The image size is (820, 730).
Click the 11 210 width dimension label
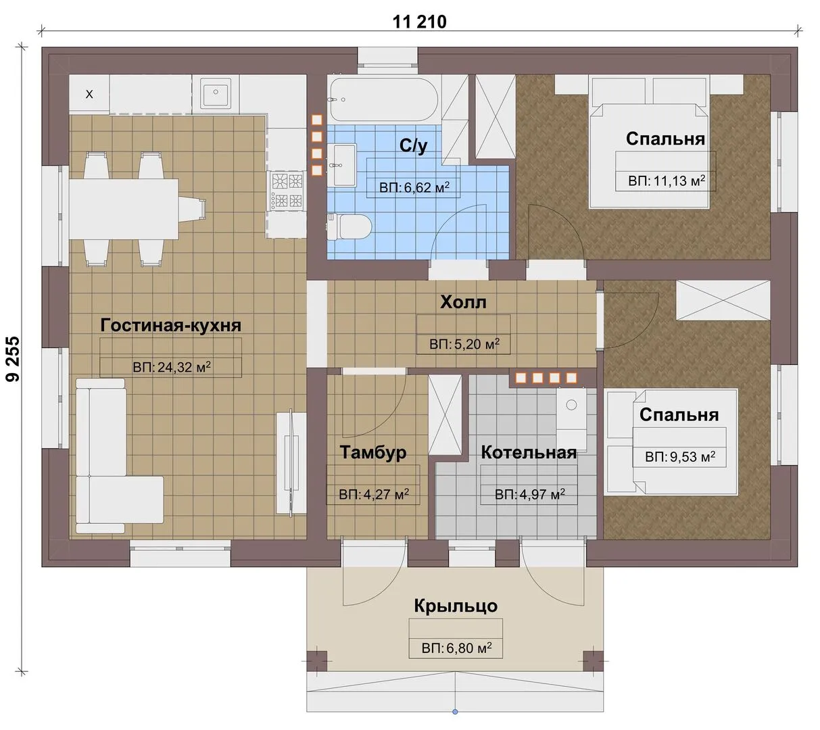pyautogui.click(x=419, y=22)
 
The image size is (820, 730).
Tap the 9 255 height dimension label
pyautogui.click(x=13, y=359)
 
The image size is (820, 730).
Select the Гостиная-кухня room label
pyautogui.click(x=171, y=325)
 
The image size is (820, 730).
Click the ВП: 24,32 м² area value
pyautogui.click(x=172, y=367)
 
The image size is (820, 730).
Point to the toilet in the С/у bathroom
pyautogui.click(x=349, y=226)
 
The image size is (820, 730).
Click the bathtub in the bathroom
pyautogui.click(x=383, y=99)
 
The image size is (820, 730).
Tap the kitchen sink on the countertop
pyautogui.click(x=216, y=93)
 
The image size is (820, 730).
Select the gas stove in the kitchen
pyautogui.click(x=287, y=191)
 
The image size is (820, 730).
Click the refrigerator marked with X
pyautogui.click(x=89, y=94)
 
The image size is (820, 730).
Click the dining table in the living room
pyautogui.click(x=124, y=210)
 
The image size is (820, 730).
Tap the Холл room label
pyautogui.click(x=463, y=302)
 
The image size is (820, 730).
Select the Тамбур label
pyautogui.click(x=372, y=452)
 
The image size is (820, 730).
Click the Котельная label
pyautogui.click(x=529, y=452)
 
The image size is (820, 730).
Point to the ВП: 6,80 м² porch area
pyautogui.click(x=456, y=648)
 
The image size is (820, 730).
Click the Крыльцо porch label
pyautogui.click(x=456, y=606)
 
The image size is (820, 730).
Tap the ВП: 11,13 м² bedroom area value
pyautogui.click(x=667, y=180)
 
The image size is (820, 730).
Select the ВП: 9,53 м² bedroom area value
pyautogui.click(x=680, y=456)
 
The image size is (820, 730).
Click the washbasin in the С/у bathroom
pyautogui.click(x=342, y=165)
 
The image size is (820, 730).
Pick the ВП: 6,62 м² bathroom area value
pyautogui.click(x=414, y=187)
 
